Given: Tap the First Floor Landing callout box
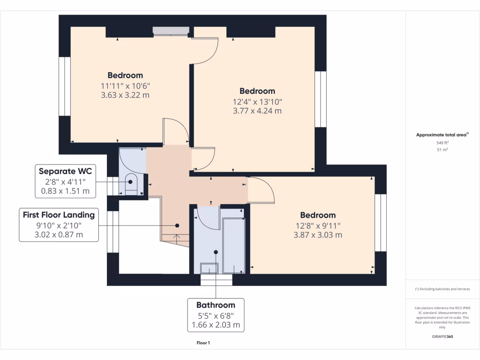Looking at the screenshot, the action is click(x=59, y=225).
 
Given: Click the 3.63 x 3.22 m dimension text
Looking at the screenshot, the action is click(x=125, y=95).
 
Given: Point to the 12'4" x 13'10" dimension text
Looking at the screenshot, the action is click(x=257, y=102).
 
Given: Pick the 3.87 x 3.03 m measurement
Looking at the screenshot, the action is click(x=318, y=235).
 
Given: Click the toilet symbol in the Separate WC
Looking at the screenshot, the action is click(x=131, y=184).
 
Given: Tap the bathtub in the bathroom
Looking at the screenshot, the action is click(x=234, y=246).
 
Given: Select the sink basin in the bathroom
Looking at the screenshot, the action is click(x=209, y=268).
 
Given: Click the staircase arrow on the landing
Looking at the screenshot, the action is click(x=177, y=239).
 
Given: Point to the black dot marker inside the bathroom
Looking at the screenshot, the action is click(x=216, y=252).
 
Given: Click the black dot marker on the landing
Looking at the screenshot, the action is click(x=177, y=225).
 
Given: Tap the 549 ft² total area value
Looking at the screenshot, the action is click(x=442, y=142).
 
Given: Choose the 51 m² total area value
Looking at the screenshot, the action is click(x=442, y=150).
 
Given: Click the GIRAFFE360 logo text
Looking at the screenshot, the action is click(x=442, y=337).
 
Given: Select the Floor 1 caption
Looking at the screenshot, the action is click(x=203, y=343).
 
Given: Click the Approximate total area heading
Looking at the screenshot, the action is click(x=442, y=135).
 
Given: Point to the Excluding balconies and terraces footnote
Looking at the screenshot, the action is click(x=442, y=289).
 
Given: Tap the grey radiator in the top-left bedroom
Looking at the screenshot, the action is click(x=171, y=30).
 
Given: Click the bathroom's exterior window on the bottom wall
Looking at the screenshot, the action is click(x=216, y=280).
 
